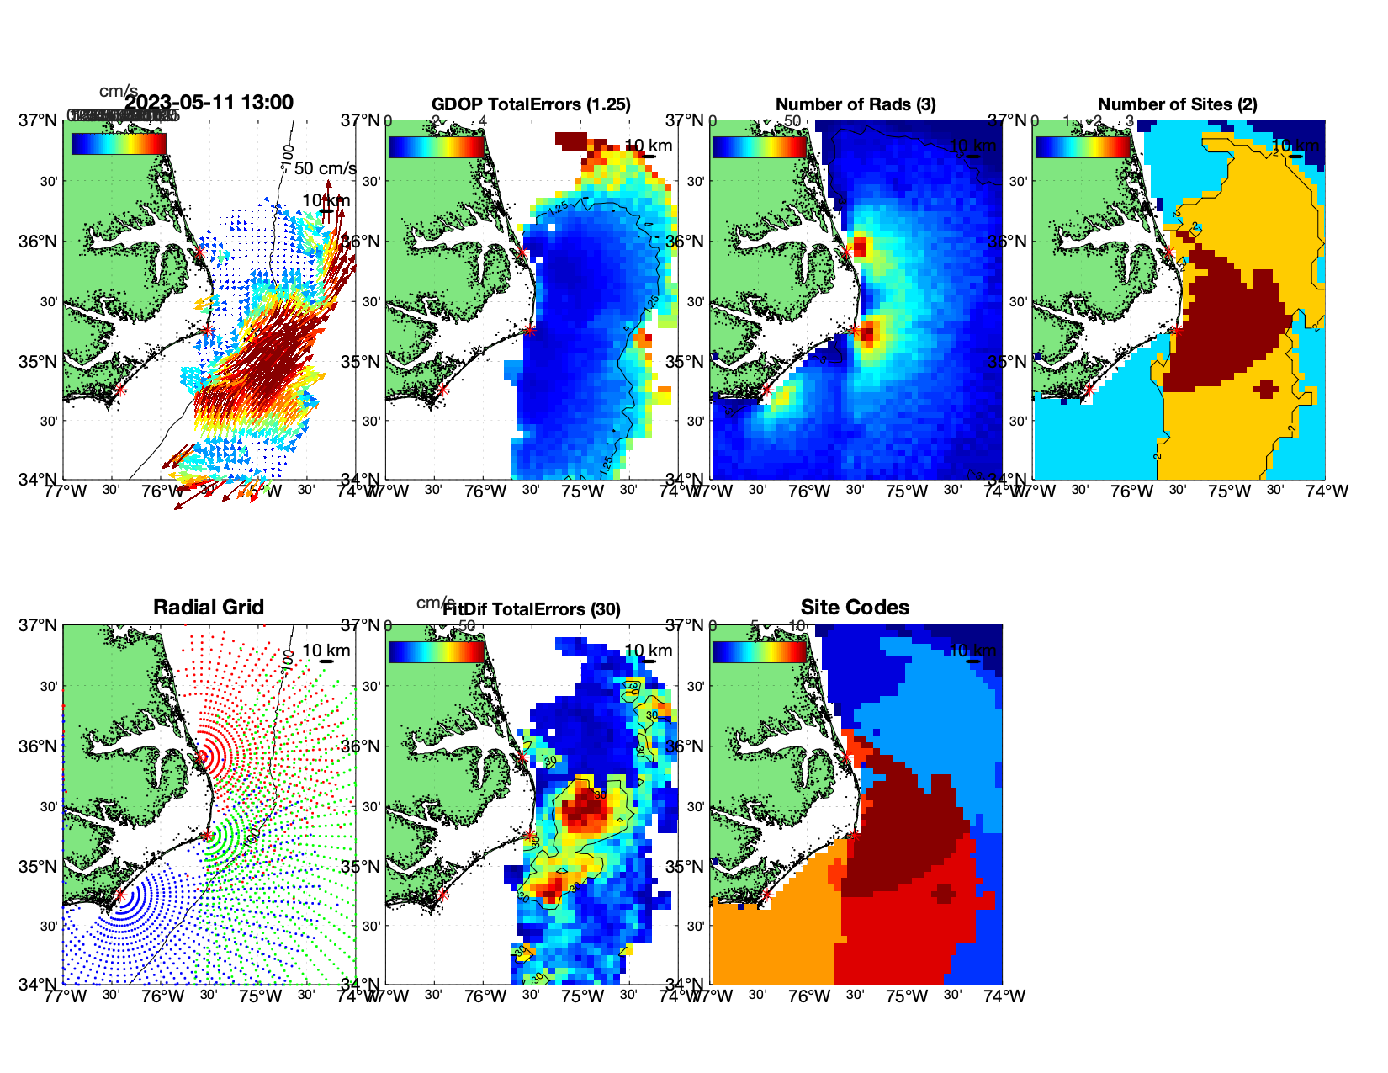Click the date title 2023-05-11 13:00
209,103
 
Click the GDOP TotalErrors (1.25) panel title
531,104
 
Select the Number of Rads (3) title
856,104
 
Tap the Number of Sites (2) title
1177,104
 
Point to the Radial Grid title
209,608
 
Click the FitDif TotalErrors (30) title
532,609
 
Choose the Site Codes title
855,608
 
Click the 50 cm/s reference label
325,168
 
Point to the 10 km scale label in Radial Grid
326,651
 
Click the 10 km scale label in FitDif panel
648,651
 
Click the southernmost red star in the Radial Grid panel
119,895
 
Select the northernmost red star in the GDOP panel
522,252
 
